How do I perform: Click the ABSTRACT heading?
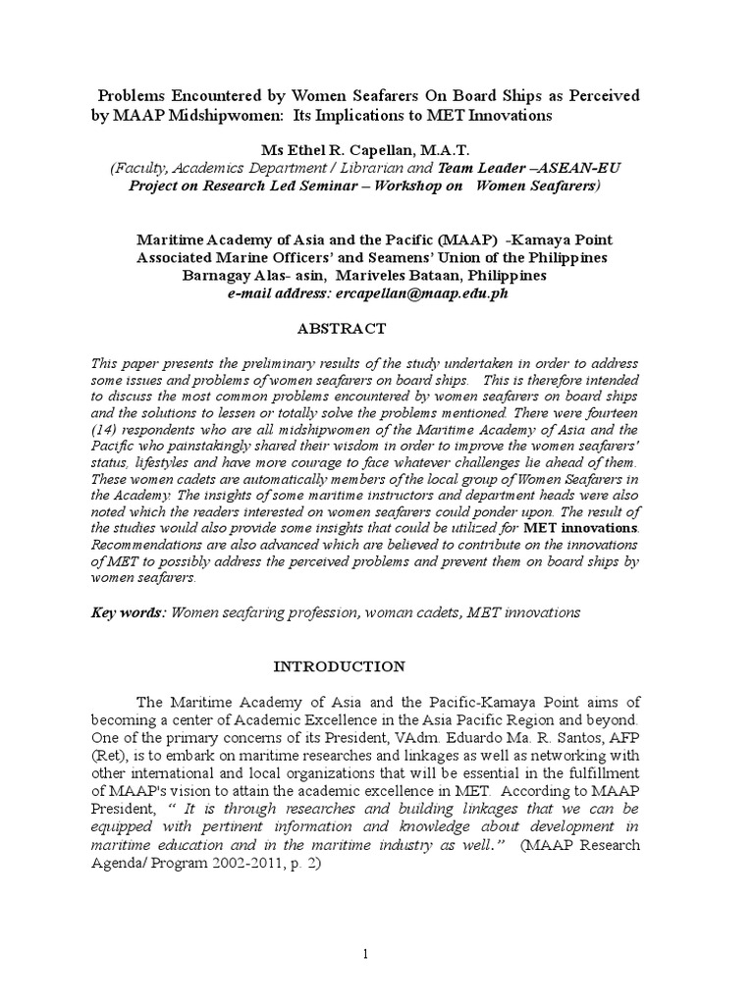[x=349, y=328]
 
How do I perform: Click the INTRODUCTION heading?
[x=338, y=666]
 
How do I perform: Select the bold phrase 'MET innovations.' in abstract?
[x=585, y=528]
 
